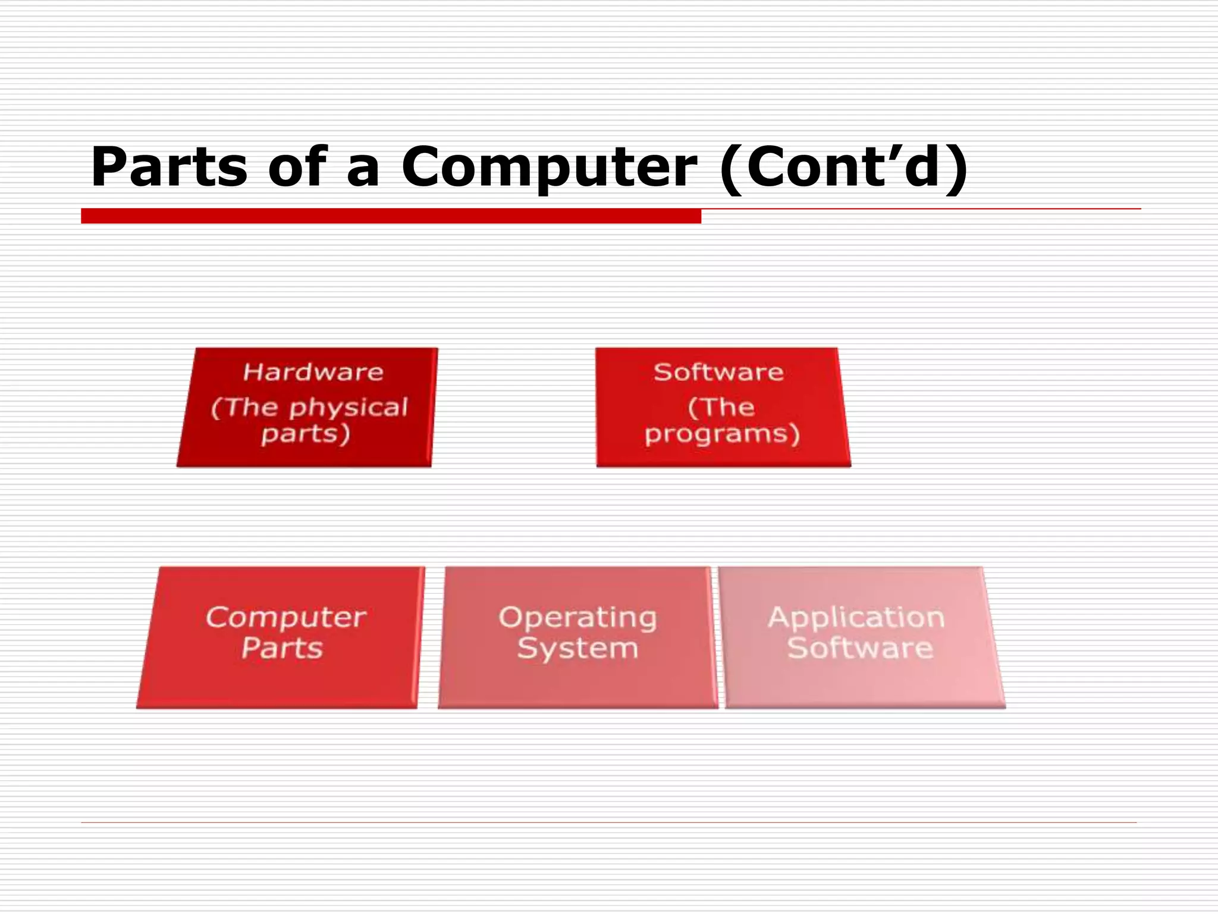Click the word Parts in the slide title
click(x=169, y=168)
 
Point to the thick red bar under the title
click(x=391, y=216)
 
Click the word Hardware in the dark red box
click(x=313, y=373)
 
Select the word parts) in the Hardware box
click(x=306, y=434)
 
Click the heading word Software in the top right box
click(x=718, y=373)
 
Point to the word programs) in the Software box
click(x=723, y=434)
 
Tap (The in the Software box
click(x=721, y=408)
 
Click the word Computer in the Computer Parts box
click(x=286, y=618)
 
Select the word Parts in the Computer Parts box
click(x=282, y=648)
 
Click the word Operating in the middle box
click(x=577, y=618)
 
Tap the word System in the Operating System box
click(x=577, y=648)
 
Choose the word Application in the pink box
click(x=856, y=618)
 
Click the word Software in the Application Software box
click(x=860, y=648)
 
